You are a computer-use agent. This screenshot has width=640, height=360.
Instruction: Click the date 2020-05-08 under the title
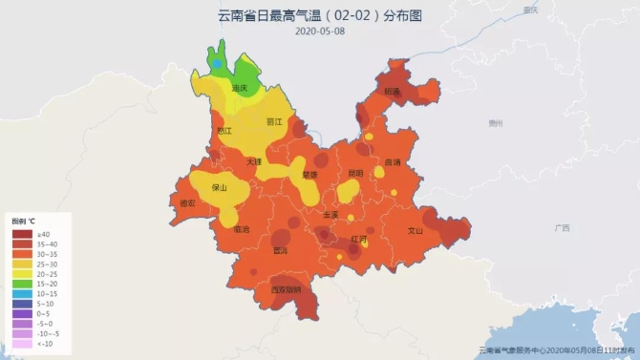pyautogui.click(x=319, y=31)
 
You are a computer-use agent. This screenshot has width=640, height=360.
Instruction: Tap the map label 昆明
pyautogui.click(x=355, y=173)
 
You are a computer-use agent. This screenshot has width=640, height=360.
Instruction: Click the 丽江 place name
pyautogui.click(x=274, y=122)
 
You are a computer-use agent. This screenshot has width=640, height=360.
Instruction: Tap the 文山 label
pyautogui.click(x=416, y=230)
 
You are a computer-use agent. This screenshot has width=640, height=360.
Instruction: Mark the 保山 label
pyautogui.click(x=219, y=187)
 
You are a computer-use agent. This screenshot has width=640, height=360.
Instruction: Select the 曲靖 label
pyautogui.click(x=392, y=162)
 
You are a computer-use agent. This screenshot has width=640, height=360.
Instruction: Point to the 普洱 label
pyautogui.click(x=280, y=250)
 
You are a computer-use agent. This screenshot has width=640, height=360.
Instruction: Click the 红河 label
pyautogui.click(x=358, y=238)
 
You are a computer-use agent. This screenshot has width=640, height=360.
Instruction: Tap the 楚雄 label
pyautogui.click(x=309, y=175)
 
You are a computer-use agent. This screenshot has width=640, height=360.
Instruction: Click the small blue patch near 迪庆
pyautogui.click(x=218, y=64)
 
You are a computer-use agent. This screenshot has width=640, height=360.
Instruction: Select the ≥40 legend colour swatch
pyautogui.click(x=21, y=234)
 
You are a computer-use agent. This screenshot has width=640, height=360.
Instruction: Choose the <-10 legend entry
pyautogui.click(x=21, y=342)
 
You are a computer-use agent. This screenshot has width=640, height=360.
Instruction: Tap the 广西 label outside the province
pyautogui.click(x=561, y=228)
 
